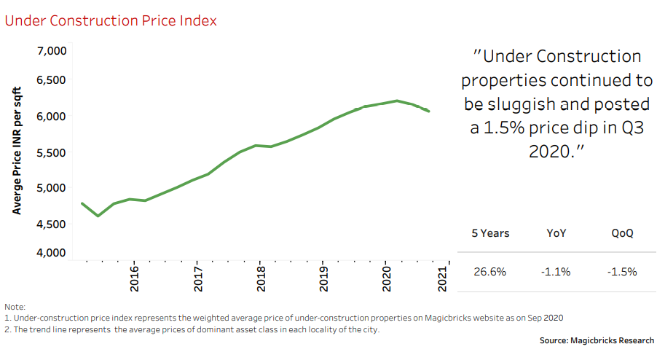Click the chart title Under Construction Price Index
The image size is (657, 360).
(x=111, y=20)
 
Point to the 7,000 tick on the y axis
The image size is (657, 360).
(x=50, y=51)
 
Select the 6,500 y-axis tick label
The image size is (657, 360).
(x=50, y=80)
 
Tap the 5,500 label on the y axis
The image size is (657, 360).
(x=50, y=154)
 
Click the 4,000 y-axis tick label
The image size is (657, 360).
(x=50, y=253)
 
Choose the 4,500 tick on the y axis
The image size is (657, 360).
(x=50, y=224)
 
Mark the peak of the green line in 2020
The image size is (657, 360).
(x=396, y=101)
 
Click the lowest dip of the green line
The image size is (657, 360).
(x=98, y=216)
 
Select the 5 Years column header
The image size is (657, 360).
(x=490, y=234)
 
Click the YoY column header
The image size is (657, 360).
(x=556, y=234)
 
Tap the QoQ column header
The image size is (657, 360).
(x=623, y=234)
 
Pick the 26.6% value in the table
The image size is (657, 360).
(x=489, y=272)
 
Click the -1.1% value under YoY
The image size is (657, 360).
(x=556, y=272)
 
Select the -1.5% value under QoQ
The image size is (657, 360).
(x=623, y=272)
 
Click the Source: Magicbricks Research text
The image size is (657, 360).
(x=597, y=340)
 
